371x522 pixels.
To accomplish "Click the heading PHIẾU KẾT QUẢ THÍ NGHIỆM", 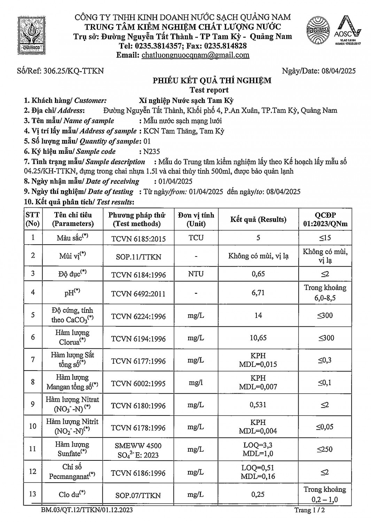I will point(212,81).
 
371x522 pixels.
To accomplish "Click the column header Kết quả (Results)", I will point(258,220).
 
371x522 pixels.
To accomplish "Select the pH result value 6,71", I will point(258,293).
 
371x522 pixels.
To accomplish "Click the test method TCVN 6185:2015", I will point(138,239).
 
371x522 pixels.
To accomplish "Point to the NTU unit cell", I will point(196,274).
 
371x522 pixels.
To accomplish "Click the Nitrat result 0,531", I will point(258,405).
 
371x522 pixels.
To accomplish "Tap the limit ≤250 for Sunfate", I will point(325,449).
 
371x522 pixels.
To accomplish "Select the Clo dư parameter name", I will point(72,494).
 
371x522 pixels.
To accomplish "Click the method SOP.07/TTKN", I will point(138,495).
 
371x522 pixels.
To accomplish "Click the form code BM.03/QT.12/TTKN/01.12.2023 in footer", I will point(86,510).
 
